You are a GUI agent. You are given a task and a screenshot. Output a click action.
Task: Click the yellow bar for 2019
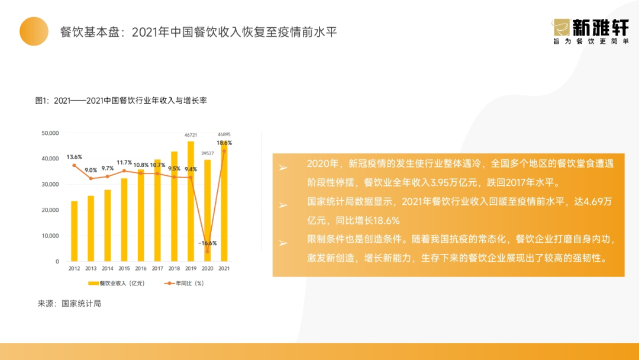[191, 201]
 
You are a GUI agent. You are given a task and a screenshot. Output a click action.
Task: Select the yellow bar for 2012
[74, 231]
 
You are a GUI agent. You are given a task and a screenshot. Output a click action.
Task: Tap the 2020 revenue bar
[208, 210]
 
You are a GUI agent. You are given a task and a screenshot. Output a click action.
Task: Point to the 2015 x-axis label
[124, 268]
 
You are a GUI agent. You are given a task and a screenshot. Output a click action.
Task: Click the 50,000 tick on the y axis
[50, 133]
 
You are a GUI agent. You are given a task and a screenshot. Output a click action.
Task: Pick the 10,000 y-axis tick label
[50, 236]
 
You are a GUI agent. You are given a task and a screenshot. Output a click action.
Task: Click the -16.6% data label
[208, 243]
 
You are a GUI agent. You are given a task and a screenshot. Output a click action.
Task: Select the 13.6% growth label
[74, 157]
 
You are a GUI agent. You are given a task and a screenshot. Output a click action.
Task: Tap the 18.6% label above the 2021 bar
[224, 143]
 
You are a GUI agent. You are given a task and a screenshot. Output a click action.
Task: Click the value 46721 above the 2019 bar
[191, 135]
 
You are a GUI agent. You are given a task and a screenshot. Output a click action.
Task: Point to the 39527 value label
[208, 153]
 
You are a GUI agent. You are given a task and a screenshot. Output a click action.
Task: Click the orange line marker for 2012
[74, 165]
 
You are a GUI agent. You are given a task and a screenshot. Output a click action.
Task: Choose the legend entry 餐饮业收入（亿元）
[117, 284]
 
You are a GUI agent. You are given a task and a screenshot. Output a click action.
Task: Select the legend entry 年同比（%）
[184, 284]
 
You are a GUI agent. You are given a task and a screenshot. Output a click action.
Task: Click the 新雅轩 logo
[590, 31]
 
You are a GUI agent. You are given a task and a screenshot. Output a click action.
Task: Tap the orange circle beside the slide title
[34, 31]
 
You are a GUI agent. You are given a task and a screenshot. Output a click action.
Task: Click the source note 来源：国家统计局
[69, 303]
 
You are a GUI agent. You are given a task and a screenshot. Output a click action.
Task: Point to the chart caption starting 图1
[121, 100]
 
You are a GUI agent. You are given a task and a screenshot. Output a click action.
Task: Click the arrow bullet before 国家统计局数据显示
[283, 205]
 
